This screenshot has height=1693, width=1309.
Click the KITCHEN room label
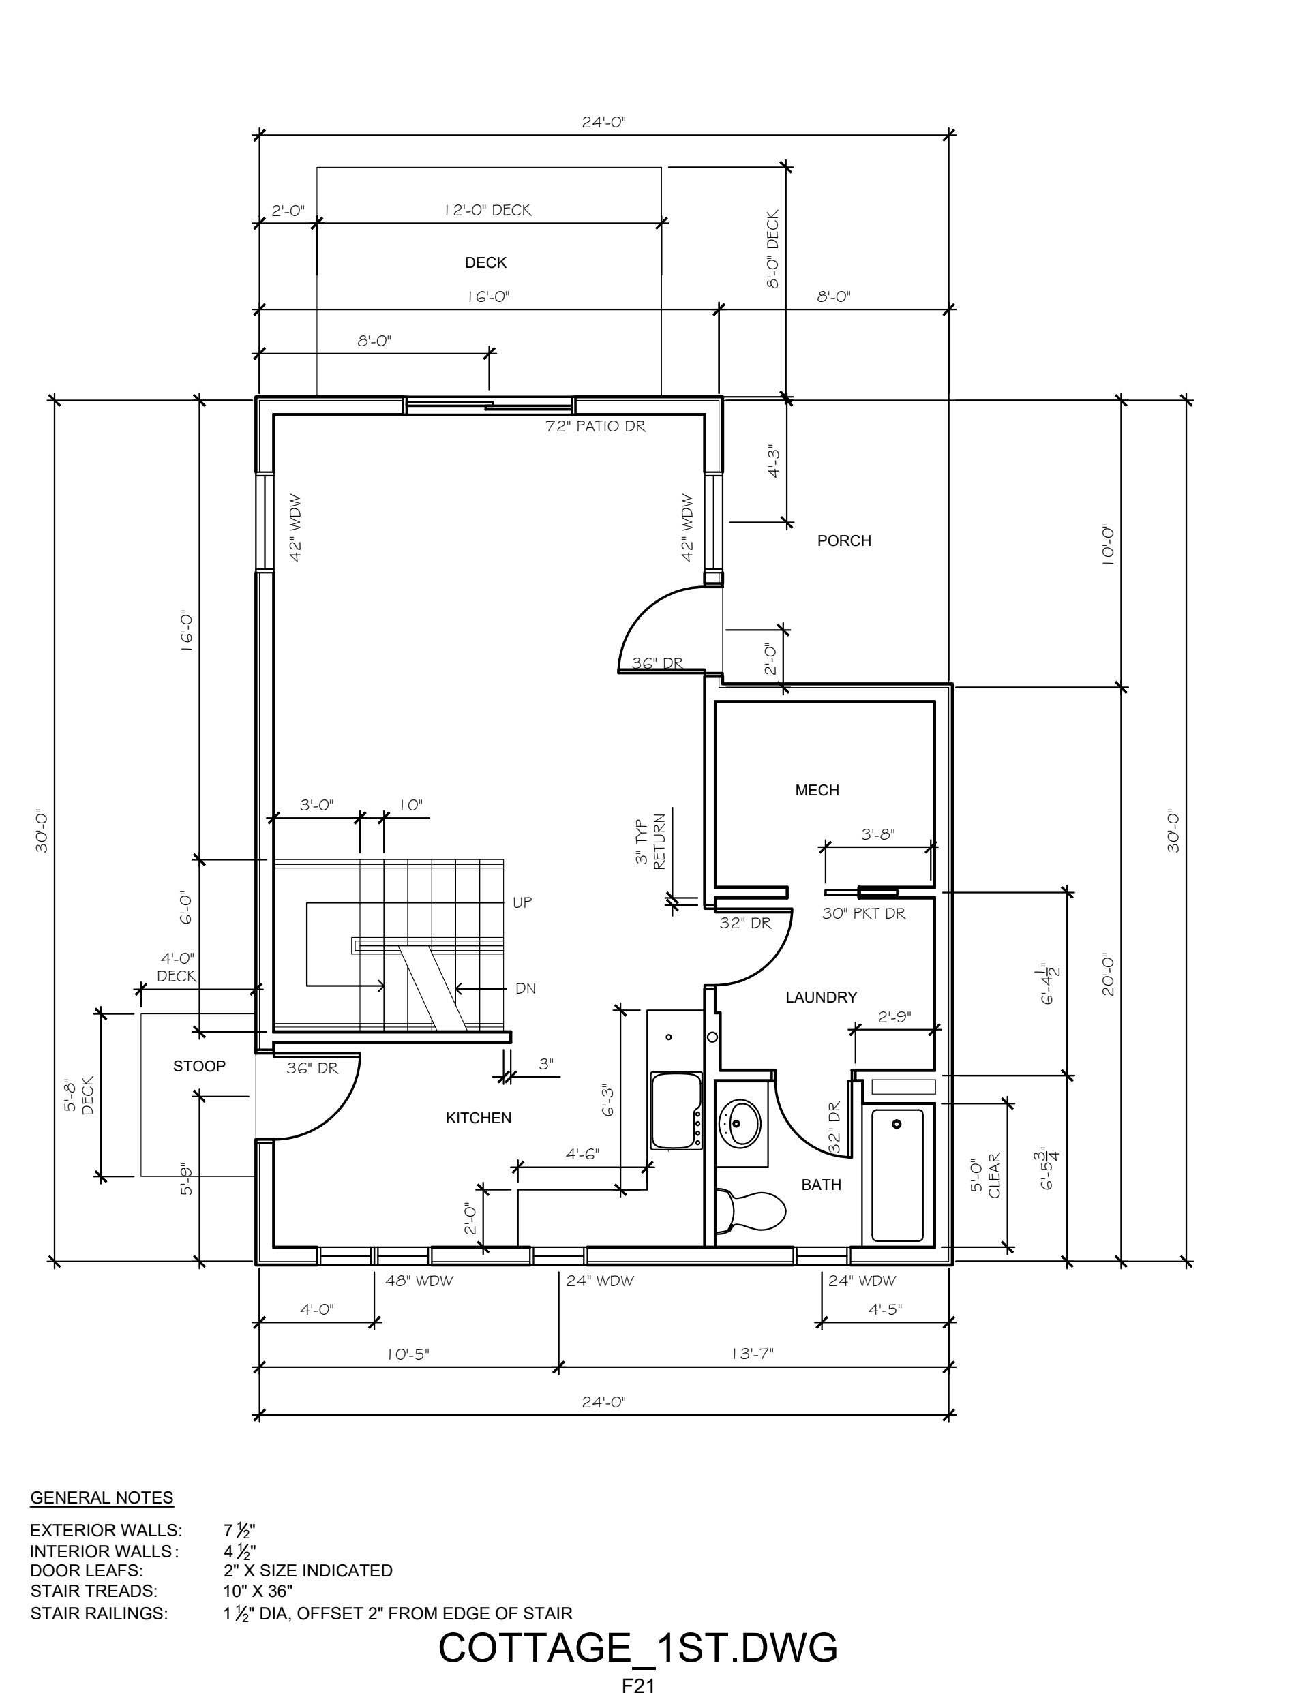479,1118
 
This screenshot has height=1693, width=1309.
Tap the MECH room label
817,790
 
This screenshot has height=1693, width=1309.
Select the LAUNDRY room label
822,997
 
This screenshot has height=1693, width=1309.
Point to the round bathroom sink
741,1122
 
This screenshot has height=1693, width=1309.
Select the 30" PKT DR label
864,913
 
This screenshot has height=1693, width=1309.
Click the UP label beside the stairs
522,902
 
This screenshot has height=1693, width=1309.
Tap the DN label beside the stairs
526,988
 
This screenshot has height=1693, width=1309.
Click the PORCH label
845,540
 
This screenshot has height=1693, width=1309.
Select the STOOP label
199,1066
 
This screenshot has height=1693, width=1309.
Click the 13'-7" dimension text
752,1354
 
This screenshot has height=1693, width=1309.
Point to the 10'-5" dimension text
408,1354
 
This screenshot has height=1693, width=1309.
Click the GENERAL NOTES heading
102,1497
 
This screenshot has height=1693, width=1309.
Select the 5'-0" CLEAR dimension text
986,1175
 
